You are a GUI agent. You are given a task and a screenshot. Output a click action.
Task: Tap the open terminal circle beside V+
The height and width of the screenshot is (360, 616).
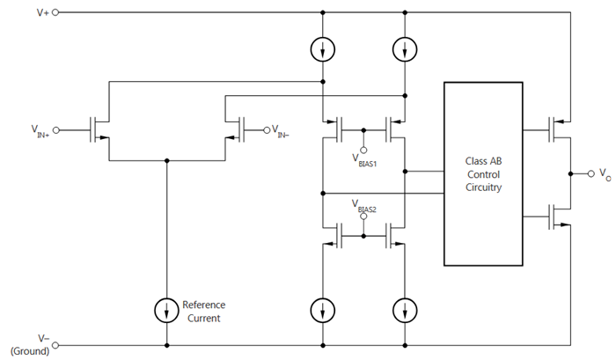[55, 13]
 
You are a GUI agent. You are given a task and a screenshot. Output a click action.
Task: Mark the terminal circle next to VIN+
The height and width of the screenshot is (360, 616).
[59, 129]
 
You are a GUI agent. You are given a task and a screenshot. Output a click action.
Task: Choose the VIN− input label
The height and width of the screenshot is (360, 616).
[282, 132]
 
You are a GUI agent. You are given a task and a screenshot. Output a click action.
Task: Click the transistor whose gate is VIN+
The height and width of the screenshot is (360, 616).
[99, 129]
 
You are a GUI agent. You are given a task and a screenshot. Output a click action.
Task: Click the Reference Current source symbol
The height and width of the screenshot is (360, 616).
[165, 309]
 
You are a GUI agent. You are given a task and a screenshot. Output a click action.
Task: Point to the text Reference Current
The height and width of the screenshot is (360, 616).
[205, 310]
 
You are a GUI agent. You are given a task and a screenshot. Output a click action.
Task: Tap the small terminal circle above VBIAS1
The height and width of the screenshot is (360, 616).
[363, 141]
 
